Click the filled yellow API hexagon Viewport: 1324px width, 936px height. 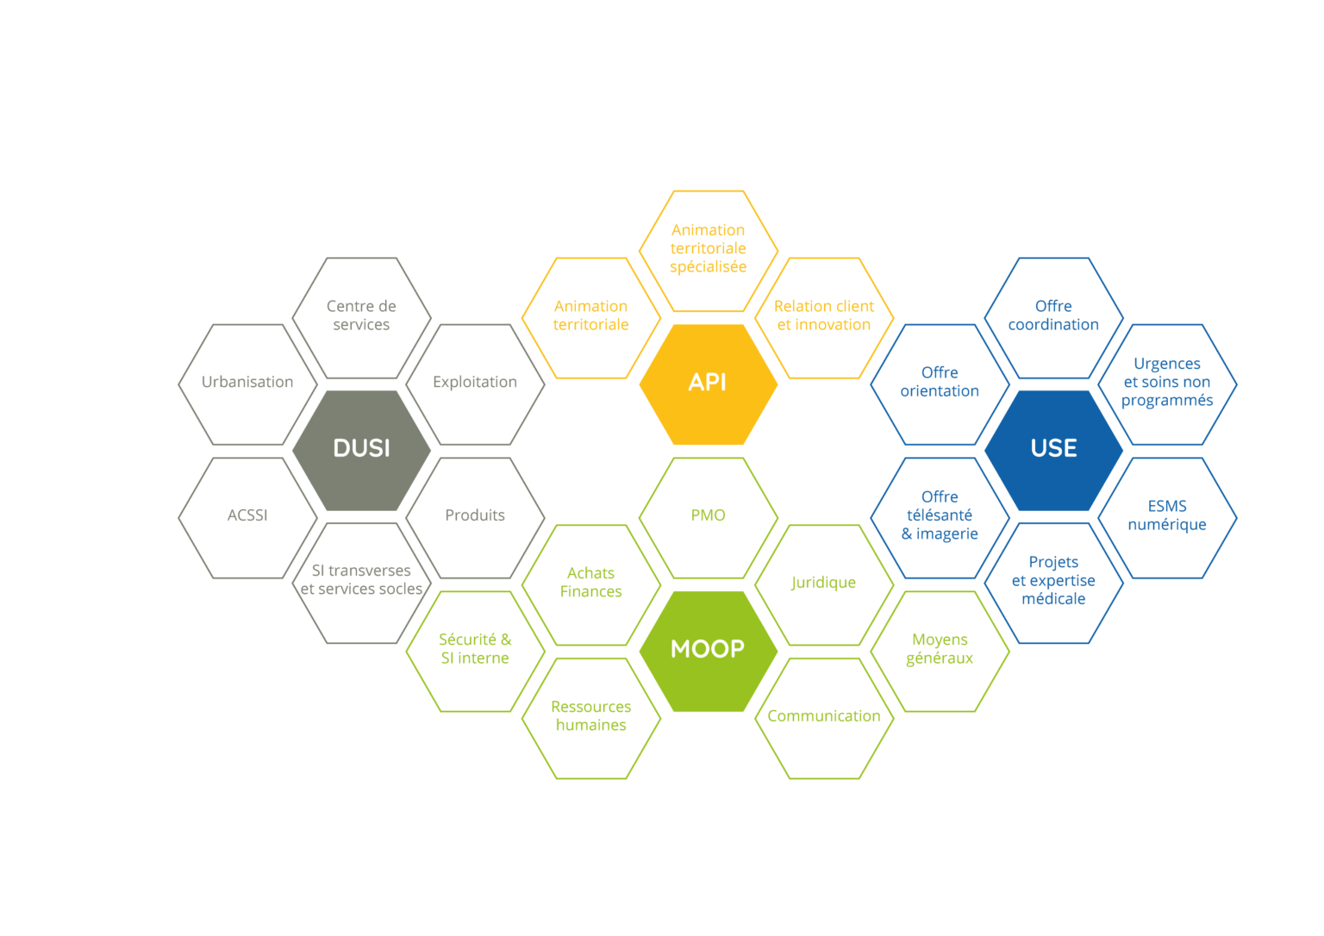[x=708, y=383]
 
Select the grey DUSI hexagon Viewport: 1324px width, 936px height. [x=361, y=448]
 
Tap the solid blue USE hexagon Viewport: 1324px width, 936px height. [x=1053, y=448]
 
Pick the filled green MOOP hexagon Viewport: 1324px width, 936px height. [x=708, y=649]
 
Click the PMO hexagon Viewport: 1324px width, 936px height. [x=708, y=515]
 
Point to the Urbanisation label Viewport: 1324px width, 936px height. [x=247, y=382]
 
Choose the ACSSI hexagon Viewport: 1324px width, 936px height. [x=247, y=515]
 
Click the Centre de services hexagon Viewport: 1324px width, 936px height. [x=361, y=315]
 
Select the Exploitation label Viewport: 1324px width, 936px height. [x=475, y=382]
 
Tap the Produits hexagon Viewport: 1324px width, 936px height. [x=475, y=515]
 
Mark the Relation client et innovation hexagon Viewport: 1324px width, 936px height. [x=824, y=315]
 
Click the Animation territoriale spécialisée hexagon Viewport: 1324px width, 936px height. [x=708, y=248]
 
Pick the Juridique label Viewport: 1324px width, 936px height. [x=824, y=583]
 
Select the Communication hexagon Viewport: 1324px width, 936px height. [x=824, y=716]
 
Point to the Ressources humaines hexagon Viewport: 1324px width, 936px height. [x=591, y=716]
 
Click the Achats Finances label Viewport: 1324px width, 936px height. [x=591, y=583]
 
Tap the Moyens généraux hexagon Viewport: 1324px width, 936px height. [x=940, y=649]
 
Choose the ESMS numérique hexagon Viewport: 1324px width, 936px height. [x=1167, y=515]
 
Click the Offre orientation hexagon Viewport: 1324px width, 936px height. [x=940, y=382]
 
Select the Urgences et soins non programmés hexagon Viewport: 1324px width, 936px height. [x=1167, y=382]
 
